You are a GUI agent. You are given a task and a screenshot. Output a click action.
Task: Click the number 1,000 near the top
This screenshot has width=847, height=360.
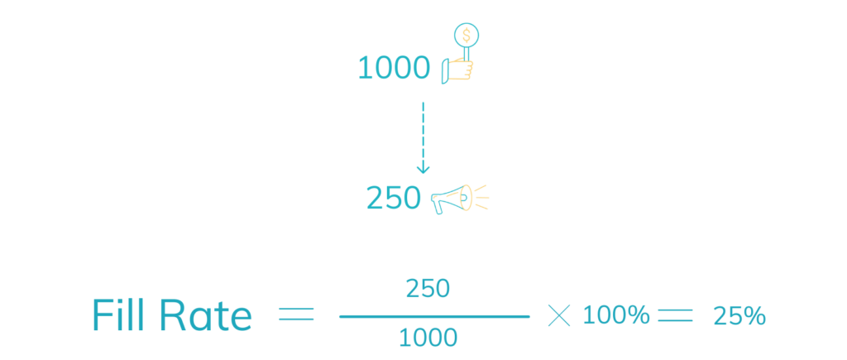pyautogui.click(x=396, y=66)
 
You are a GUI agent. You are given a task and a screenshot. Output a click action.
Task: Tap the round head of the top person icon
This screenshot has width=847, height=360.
pyautogui.click(x=468, y=35)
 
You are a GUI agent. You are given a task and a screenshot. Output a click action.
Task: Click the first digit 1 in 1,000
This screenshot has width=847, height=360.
pyautogui.click(x=365, y=66)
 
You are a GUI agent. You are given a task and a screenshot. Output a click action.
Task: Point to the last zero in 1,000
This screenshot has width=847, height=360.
pyautogui.click(x=422, y=66)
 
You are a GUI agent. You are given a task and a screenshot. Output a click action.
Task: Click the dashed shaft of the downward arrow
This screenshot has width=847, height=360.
pyautogui.click(x=423, y=132)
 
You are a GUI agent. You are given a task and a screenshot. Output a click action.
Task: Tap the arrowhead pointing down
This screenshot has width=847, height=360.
pyautogui.click(x=423, y=169)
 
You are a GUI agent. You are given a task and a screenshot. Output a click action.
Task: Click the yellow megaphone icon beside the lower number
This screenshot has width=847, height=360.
pyautogui.click(x=470, y=199)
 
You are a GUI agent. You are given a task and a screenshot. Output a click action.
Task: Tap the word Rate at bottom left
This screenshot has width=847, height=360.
pyautogui.click(x=203, y=316)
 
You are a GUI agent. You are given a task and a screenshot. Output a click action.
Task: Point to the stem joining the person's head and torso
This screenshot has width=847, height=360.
pyautogui.click(x=467, y=51)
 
